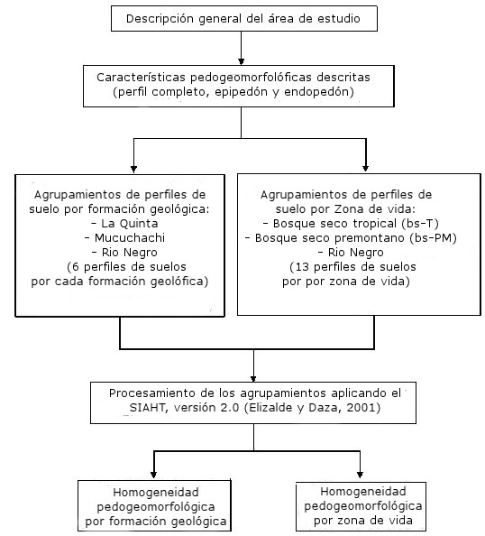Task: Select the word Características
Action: pos(141,78)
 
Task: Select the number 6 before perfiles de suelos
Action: pos(75,267)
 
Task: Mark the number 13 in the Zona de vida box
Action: pos(302,267)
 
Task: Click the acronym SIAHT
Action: pos(147,408)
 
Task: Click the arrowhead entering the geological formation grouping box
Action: pos(134,170)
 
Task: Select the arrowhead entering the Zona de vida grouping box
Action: pos(365,169)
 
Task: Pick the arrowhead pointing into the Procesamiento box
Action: pos(253,379)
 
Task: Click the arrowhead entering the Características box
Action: pos(241,61)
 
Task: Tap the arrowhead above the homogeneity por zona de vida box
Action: pos(360,475)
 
